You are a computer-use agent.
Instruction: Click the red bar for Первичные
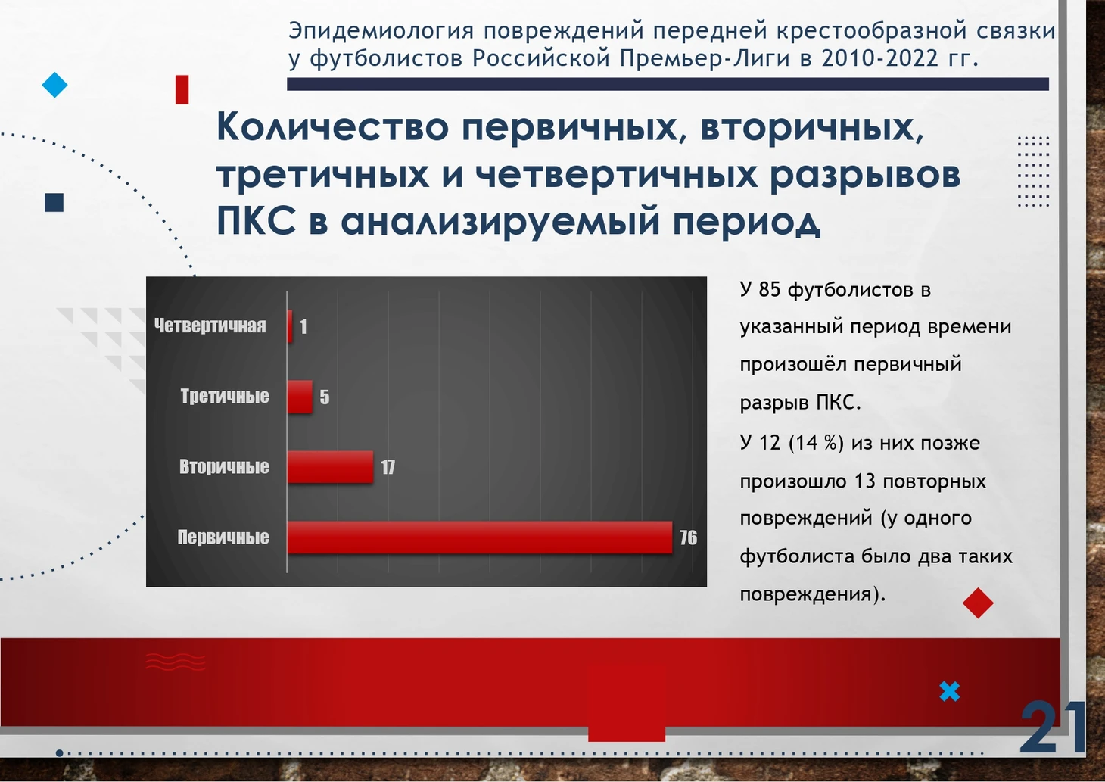(480, 537)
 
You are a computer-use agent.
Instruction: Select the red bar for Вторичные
(330, 467)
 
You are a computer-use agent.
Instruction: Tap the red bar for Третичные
(300, 397)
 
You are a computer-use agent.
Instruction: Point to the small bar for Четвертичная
(290, 326)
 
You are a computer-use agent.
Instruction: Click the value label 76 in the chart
(688, 537)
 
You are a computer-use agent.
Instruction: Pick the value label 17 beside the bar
(388, 467)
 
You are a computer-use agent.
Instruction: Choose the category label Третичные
(225, 396)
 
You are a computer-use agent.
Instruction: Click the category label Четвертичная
(210, 326)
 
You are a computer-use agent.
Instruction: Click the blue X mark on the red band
(950, 691)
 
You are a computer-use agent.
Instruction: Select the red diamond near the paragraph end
(978, 603)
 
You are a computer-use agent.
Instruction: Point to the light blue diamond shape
(54, 85)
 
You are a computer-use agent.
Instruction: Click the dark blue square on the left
(54, 202)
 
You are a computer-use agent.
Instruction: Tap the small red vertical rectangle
(182, 89)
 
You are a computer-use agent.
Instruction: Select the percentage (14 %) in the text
(817, 443)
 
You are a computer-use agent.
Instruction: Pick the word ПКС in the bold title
(257, 220)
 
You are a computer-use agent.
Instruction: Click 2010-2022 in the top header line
(879, 58)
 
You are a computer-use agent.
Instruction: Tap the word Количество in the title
(333, 126)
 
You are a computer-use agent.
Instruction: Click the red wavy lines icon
(175, 662)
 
